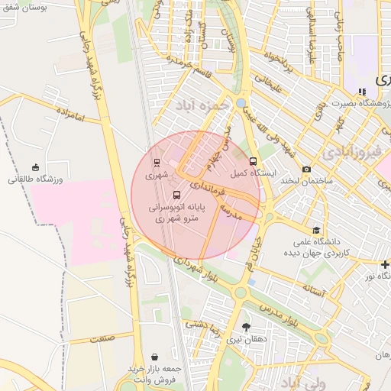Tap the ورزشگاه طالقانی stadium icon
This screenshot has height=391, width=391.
pos(36,167)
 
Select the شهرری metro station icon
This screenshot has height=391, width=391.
pos(157,163)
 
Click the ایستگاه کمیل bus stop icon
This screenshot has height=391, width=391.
pos(254,162)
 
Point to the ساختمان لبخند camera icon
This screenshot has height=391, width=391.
pos(306,169)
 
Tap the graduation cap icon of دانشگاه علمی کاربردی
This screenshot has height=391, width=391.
pos(315,230)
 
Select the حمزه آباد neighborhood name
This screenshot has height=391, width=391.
pos(201,104)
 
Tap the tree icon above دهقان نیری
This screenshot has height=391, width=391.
pos(245,327)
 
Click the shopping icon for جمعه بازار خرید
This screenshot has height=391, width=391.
pos(156,357)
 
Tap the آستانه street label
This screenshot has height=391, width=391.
pos(314,290)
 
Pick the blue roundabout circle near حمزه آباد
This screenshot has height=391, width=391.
pos(241,102)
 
